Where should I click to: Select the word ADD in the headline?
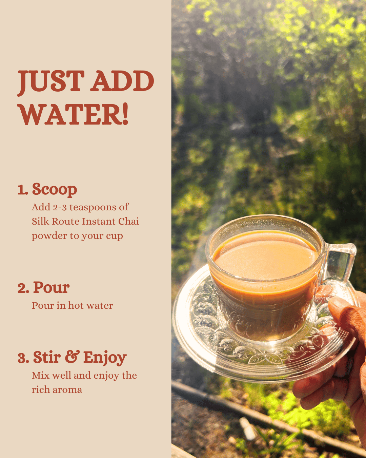point(123,82)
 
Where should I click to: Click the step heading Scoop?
point(55,189)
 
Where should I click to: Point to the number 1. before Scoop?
point(23,190)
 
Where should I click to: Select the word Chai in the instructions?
point(128,222)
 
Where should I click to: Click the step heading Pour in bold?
point(52,288)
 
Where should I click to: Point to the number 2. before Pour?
point(23,288)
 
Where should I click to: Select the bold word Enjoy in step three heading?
point(105,358)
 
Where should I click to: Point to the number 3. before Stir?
point(23,358)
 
